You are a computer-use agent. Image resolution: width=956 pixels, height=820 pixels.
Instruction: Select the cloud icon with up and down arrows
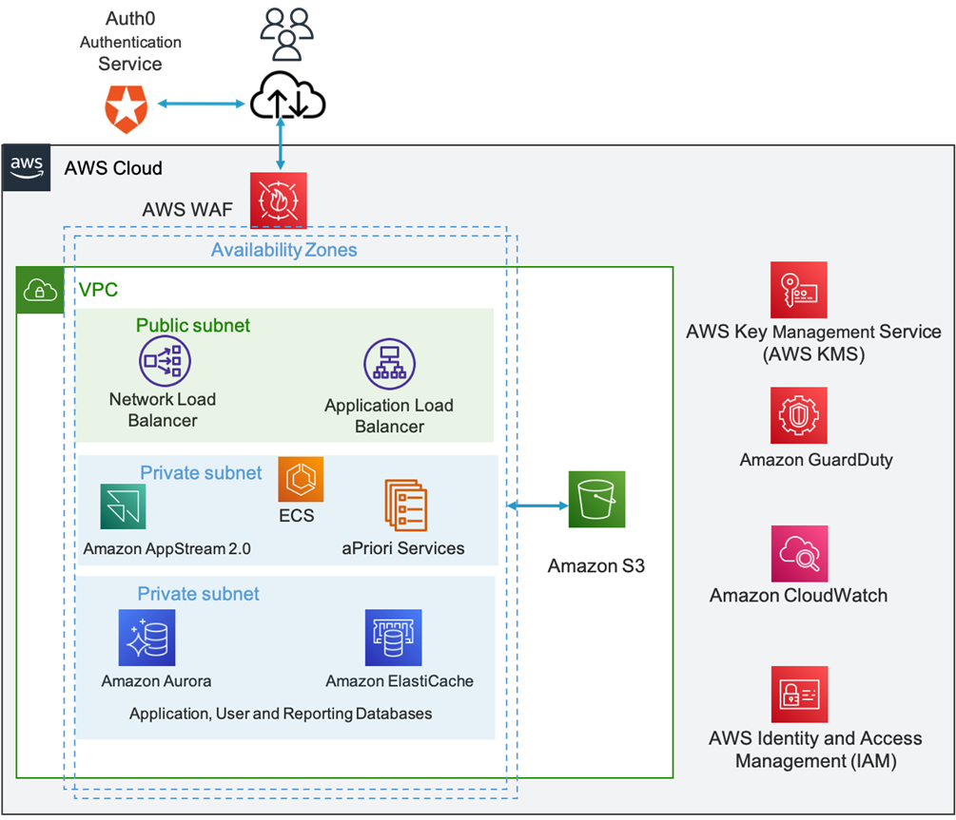286,98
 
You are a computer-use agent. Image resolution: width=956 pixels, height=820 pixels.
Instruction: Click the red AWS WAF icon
279,200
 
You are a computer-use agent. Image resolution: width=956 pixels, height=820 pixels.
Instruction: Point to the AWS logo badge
27,167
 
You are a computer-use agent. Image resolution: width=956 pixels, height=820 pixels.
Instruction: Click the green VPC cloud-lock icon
40,290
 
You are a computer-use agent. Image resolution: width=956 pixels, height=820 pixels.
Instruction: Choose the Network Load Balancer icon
165,360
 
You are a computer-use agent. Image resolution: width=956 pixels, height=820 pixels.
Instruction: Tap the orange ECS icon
301,479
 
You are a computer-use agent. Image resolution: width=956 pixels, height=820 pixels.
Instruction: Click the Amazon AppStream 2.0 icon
124,506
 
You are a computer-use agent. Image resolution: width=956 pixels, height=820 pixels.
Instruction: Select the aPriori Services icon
405,505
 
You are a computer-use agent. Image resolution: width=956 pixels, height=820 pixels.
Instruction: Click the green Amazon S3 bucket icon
596,499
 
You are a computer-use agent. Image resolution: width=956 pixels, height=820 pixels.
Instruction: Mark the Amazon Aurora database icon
146,638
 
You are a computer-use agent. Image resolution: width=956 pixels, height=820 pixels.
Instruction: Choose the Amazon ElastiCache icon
393,638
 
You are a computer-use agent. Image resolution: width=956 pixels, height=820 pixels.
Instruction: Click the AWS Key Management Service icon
798,290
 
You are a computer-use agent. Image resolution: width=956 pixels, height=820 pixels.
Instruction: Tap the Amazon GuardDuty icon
798,415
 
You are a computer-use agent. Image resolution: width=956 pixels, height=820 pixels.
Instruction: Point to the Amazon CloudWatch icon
798,553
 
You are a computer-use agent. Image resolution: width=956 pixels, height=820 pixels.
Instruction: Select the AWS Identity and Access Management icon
799,695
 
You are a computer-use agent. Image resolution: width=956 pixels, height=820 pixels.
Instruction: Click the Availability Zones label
284,251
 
